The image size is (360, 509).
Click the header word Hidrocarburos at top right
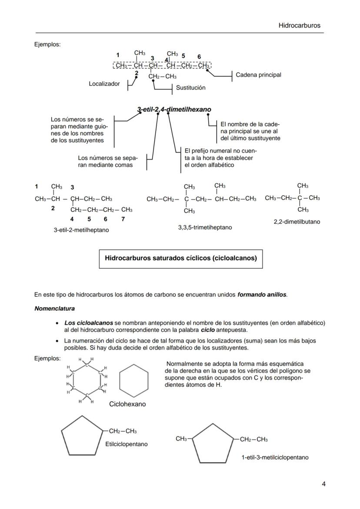(x=299, y=25)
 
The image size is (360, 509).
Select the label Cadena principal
(x=258, y=75)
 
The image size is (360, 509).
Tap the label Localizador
(x=104, y=83)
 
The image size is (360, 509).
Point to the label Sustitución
(x=190, y=88)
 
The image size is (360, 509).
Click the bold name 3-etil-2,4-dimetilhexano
(x=174, y=110)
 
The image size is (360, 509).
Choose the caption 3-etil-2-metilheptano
(x=81, y=230)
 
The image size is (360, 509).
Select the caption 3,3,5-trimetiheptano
(x=205, y=227)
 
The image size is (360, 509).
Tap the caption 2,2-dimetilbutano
(x=297, y=222)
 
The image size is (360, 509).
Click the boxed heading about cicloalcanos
(x=181, y=258)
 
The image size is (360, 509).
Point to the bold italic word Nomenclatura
(x=54, y=309)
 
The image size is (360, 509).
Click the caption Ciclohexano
(x=127, y=404)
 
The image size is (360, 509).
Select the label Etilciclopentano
(x=126, y=444)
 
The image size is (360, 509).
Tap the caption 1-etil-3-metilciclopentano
(x=275, y=457)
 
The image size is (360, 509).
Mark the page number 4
(x=323, y=484)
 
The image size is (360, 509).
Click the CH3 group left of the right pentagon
(x=181, y=439)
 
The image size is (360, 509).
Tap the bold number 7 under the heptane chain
(x=123, y=219)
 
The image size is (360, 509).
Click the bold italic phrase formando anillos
(x=262, y=295)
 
